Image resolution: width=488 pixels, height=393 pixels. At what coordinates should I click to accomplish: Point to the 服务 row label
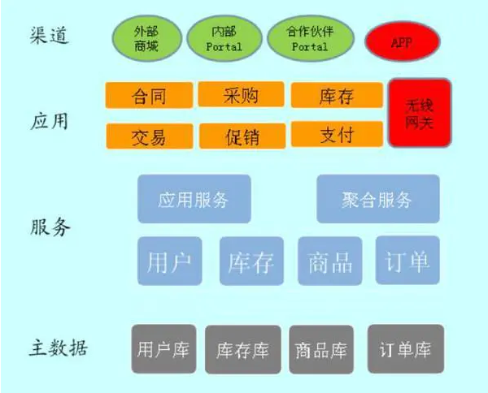(50, 227)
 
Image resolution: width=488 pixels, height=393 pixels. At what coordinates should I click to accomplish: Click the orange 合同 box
(149, 96)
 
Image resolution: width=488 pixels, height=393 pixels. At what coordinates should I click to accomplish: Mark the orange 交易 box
(149, 136)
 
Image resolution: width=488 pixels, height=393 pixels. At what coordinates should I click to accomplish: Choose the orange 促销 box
(242, 136)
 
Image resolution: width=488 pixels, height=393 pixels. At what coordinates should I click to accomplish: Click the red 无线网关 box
(419, 113)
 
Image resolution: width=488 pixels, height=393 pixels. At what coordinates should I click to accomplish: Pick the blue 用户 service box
(170, 261)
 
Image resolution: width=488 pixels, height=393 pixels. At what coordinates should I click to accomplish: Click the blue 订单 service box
(407, 261)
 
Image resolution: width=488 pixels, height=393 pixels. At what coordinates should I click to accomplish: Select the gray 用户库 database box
(163, 350)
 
